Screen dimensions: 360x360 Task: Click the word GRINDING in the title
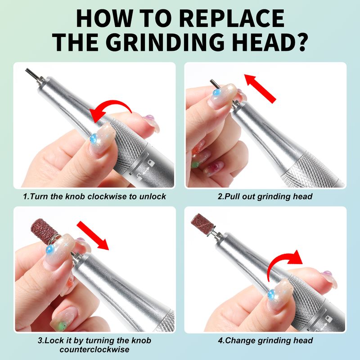click(165, 42)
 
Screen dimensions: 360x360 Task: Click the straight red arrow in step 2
click(260, 88)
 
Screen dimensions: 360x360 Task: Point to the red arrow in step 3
click(93, 235)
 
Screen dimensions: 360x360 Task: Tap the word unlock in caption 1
click(153, 197)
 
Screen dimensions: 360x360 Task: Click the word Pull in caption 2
click(232, 197)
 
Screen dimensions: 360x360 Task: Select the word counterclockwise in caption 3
click(94, 350)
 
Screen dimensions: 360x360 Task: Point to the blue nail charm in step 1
click(94, 139)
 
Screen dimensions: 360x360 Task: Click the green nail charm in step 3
click(62, 324)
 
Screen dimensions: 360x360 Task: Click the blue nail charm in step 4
click(272, 294)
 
